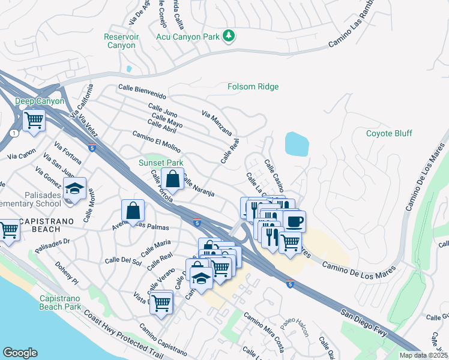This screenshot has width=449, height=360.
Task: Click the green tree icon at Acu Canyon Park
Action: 228,37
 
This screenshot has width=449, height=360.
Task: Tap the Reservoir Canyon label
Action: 121,41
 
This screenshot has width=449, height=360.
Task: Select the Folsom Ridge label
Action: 253,87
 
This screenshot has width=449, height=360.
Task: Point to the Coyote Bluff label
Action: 391,133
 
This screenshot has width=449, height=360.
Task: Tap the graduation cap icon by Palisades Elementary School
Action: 74,189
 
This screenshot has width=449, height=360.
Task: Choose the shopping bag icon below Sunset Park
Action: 172,178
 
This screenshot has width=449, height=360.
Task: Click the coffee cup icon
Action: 294,221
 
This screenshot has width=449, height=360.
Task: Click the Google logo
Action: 20,352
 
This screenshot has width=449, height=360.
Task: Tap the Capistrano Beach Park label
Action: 60,302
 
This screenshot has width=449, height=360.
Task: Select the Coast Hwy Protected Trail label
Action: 123,334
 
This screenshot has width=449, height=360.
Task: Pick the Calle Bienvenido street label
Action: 142,91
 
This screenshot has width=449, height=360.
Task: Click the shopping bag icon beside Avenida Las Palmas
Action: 133,211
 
